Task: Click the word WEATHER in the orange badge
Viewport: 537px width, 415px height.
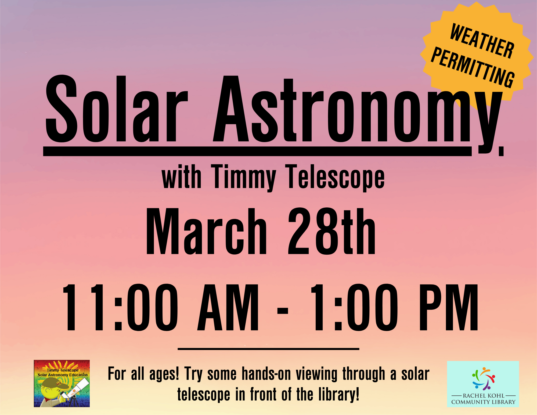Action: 482,41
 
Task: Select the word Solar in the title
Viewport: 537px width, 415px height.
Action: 117,109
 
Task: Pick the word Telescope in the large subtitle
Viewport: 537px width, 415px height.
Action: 335,177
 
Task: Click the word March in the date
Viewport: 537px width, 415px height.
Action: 206,231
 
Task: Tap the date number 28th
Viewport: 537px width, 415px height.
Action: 331,231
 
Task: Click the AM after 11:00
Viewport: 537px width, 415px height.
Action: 228,308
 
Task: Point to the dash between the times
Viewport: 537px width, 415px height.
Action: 282,311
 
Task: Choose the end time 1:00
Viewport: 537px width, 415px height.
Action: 354,308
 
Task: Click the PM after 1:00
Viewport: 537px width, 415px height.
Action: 449,308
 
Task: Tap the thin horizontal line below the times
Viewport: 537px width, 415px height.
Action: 268,349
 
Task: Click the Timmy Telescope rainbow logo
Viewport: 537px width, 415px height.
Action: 62,384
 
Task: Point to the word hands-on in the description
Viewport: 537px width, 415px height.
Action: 266,374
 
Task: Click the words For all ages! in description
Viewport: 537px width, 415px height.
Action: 143,374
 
